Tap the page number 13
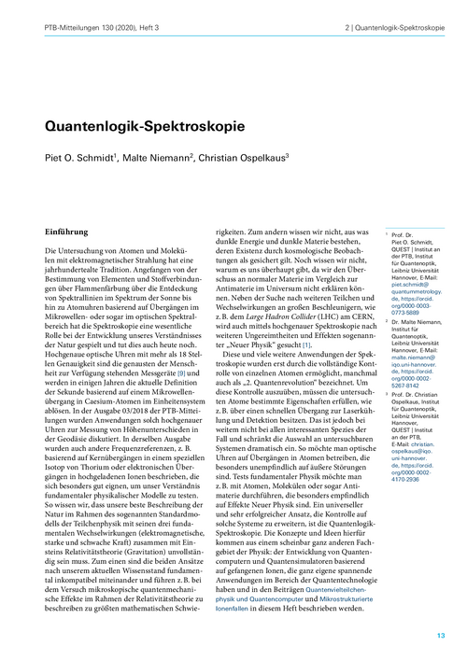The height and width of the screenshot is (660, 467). (442, 635)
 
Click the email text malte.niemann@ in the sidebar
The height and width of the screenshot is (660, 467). (409, 346)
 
